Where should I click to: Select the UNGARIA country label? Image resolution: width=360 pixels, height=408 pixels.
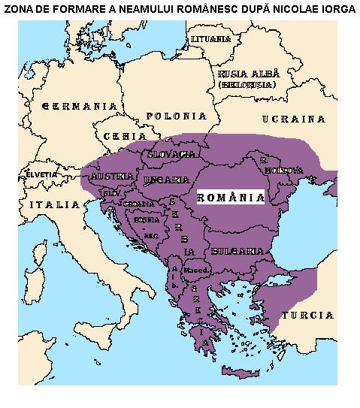[165, 180]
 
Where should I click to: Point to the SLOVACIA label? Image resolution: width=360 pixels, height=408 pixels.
[172, 154]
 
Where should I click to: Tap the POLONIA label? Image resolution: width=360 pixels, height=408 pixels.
[176, 116]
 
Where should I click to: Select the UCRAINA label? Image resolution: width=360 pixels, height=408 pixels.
[293, 119]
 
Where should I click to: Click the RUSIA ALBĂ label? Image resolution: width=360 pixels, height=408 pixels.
[248, 74]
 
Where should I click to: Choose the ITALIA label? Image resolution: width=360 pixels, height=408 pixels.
[53, 204]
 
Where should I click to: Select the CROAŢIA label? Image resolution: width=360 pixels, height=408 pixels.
[140, 204]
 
